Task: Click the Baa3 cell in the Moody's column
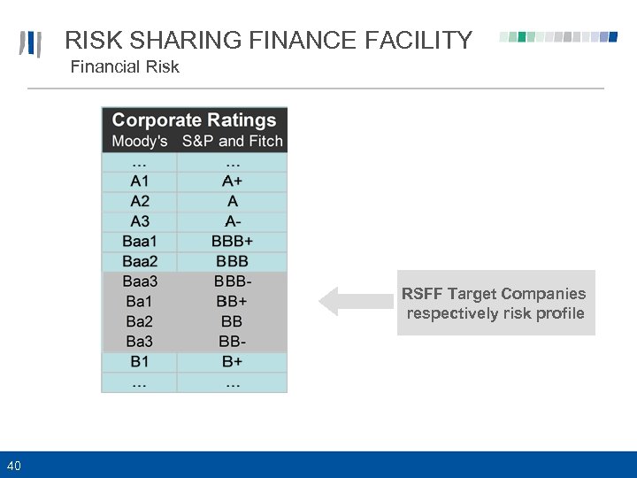pyautogui.click(x=140, y=281)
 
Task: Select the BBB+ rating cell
pyautogui.click(x=232, y=241)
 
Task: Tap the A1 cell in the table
pyautogui.click(x=140, y=181)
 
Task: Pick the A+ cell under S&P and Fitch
pyautogui.click(x=232, y=181)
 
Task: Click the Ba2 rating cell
pyautogui.click(x=140, y=321)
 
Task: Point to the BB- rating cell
pyautogui.click(x=232, y=342)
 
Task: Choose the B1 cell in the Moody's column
pyautogui.click(x=140, y=361)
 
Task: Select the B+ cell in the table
pyautogui.click(x=232, y=361)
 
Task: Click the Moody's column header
pyautogui.click(x=140, y=142)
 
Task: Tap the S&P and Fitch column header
pyautogui.click(x=233, y=142)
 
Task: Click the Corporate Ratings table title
pyautogui.click(x=195, y=120)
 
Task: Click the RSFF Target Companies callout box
pyautogui.click(x=495, y=303)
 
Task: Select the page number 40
pyautogui.click(x=14, y=466)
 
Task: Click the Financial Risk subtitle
pyautogui.click(x=125, y=67)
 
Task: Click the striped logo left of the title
pyautogui.click(x=31, y=44)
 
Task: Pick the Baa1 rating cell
pyautogui.click(x=140, y=241)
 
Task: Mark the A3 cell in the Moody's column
pyautogui.click(x=140, y=221)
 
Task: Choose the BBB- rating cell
pyautogui.click(x=232, y=281)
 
